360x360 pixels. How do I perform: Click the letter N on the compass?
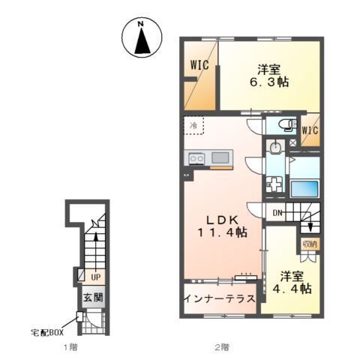tap(141, 24)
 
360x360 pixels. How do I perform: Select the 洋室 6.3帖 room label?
tap(269, 76)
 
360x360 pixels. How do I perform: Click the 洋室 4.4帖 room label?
tap(292, 282)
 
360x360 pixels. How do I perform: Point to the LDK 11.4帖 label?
tap(222, 226)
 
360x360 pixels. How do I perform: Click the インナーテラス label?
tap(220, 298)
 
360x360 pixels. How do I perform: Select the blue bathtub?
tap(304, 188)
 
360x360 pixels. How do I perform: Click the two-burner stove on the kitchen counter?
tap(196, 158)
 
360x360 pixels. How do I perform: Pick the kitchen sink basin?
tap(220, 157)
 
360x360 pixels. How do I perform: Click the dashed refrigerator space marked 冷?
tap(194, 125)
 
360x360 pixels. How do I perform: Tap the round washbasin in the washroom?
tap(275, 147)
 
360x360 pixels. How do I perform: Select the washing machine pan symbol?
tap(274, 184)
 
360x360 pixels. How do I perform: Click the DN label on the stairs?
tap(277, 213)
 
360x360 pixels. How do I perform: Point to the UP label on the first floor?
tap(95, 277)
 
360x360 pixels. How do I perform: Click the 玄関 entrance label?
tap(93, 298)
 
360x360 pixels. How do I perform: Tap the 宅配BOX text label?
tap(47, 333)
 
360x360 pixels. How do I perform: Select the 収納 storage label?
tap(310, 244)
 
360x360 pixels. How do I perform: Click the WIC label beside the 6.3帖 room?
tap(199, 65)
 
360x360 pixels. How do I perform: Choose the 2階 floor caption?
tap(222, 347)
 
